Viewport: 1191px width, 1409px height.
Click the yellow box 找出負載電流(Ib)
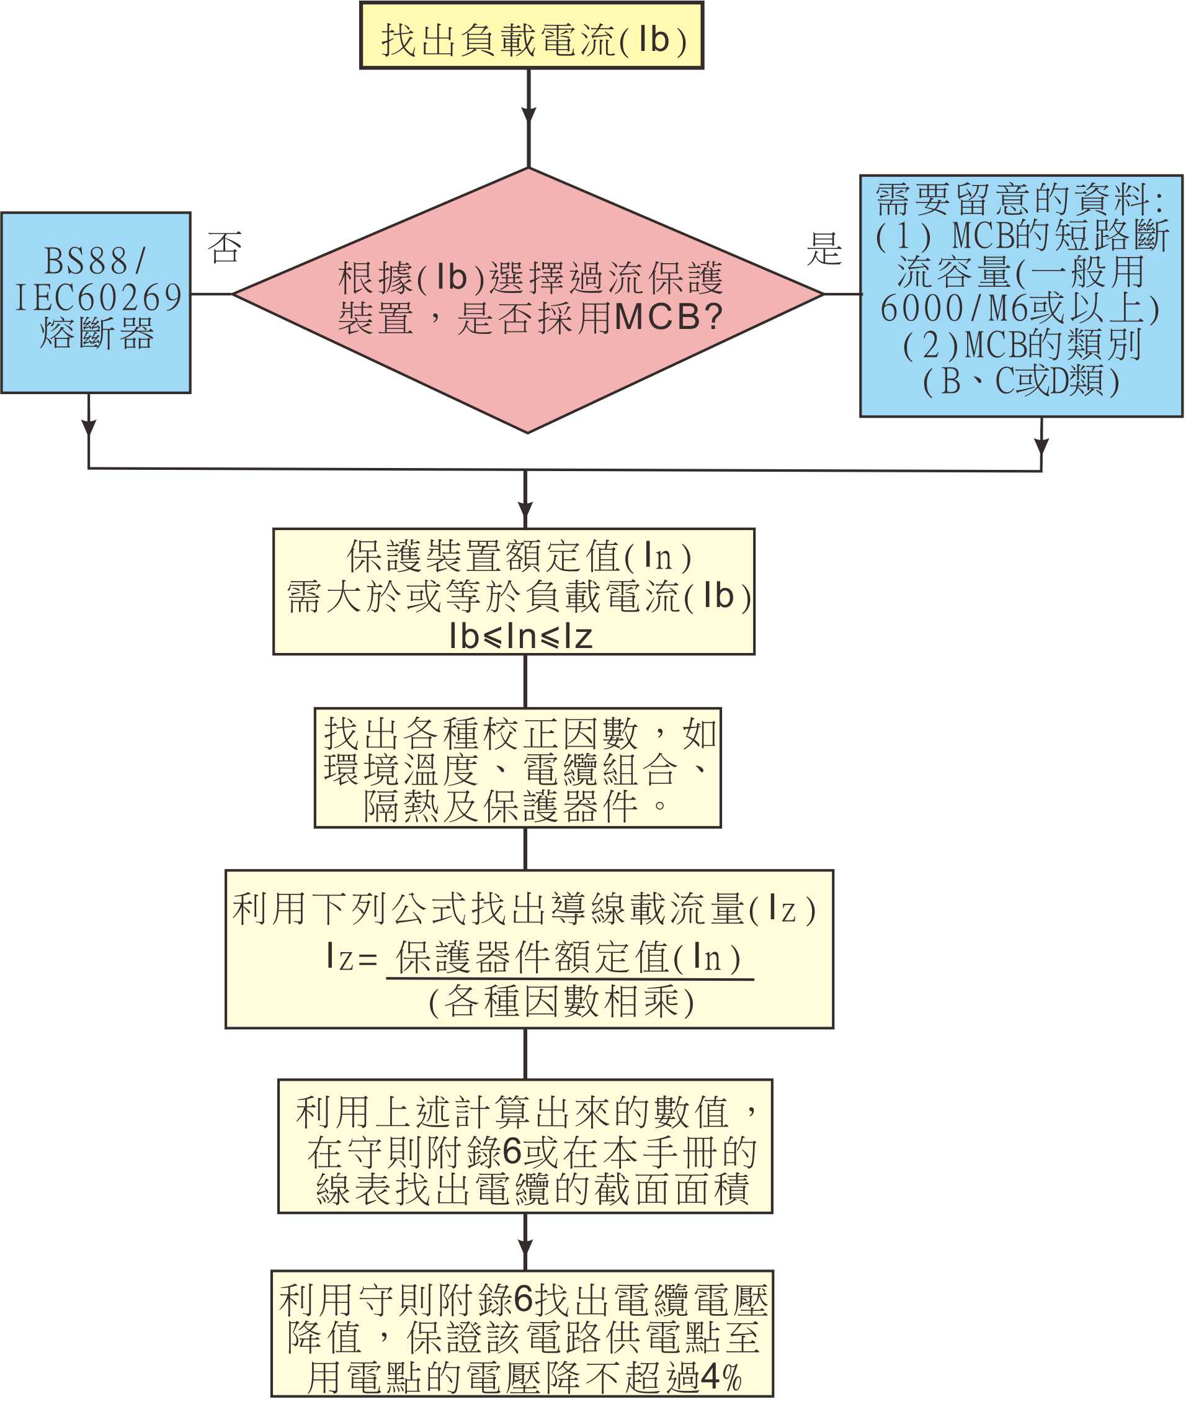pos(532,36)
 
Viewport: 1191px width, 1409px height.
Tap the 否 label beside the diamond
pos(224,247)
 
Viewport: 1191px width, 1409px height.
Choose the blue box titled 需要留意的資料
pos(1021,296)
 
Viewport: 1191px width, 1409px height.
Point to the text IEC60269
pos(99,297)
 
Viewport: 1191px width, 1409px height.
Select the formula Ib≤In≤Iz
pos(520,636)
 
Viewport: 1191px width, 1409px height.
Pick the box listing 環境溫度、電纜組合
pos(517,767)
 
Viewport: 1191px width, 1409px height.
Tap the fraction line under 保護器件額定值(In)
pos(569,979)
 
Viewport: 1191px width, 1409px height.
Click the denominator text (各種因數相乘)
pos(560,1002)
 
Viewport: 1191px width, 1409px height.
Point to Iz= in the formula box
pos(350,958)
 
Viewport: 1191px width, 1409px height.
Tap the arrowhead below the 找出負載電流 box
pos(529,115)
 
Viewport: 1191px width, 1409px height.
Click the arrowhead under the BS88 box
pos(89,428)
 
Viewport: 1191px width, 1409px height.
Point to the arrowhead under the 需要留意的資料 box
pos(1041,446)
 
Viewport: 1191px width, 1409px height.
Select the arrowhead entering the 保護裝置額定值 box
pos(525,510)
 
